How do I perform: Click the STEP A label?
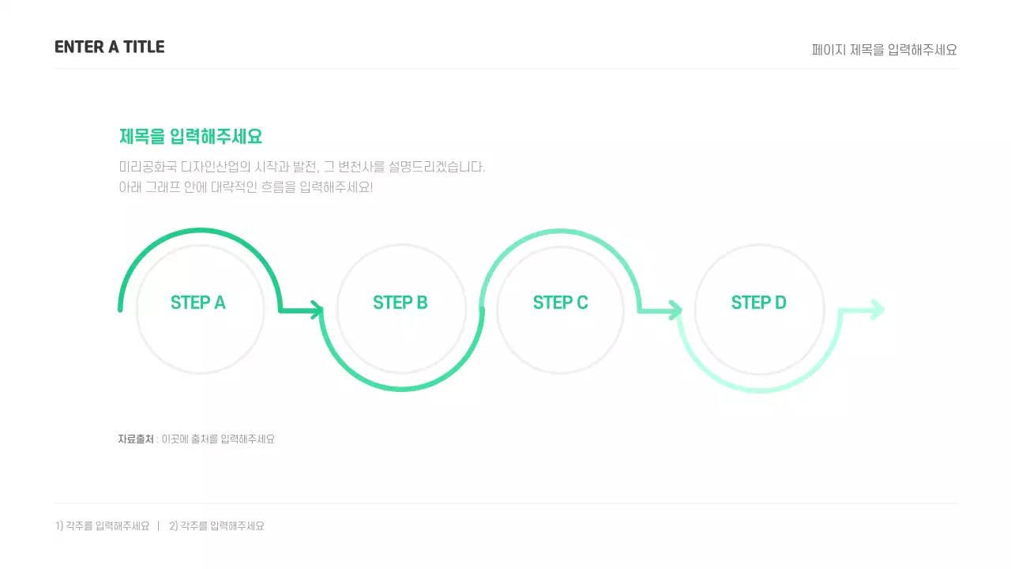point(198,303)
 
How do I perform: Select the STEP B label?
point(400,303)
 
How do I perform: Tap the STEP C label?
point(561,303)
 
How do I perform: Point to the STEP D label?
point(759,303)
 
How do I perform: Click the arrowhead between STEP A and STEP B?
point(318,310)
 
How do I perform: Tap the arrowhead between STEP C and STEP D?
point(675,310)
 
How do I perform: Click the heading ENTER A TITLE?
point(110,47)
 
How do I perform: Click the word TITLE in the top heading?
point(144,47)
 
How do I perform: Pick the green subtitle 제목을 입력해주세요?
point(190,136)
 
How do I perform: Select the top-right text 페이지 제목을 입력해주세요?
point(884,50)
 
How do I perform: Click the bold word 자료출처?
point(135,439)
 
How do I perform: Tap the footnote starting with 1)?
point(103,526)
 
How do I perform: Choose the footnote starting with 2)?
point(217,526)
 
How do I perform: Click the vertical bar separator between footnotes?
point(158,526)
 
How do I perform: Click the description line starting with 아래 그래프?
point(245,188)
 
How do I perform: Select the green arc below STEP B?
point(401,389)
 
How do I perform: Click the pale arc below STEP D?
point(759,390)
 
